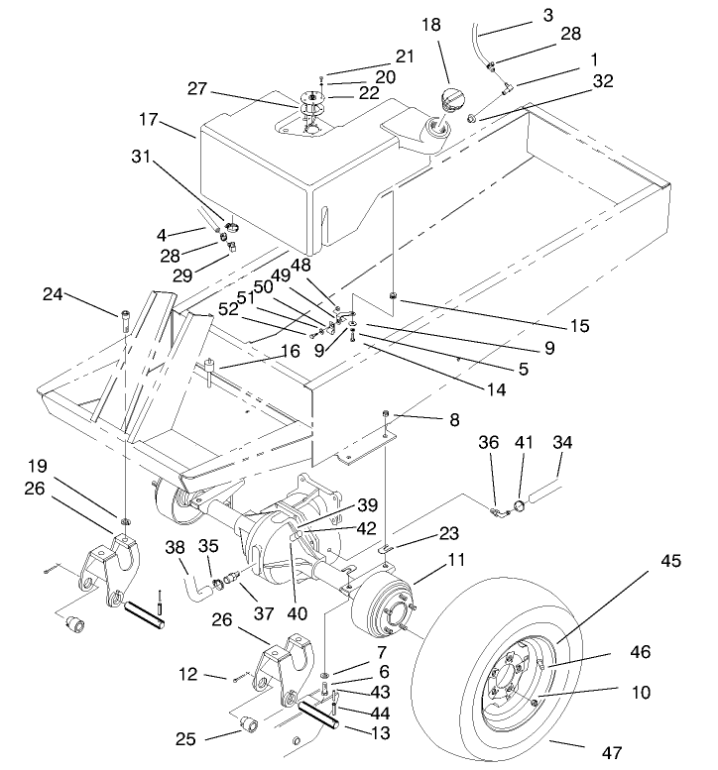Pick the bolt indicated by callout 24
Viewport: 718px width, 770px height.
tap(126, 320)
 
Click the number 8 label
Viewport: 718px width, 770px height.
tap(453, 420)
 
